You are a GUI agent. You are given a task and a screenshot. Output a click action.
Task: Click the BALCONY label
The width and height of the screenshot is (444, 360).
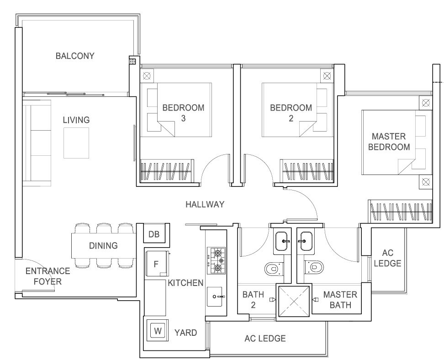[x=75, y=56]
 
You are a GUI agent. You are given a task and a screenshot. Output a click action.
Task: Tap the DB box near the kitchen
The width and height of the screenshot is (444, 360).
[x=154, y=234]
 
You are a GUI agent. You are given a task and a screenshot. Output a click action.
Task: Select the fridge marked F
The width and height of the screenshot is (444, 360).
[x=156, y=264]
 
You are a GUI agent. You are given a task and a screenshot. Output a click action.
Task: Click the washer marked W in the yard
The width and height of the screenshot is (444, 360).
[x=158, y=331]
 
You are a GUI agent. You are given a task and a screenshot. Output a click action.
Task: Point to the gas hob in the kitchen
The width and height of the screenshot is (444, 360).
[x=217, y=260]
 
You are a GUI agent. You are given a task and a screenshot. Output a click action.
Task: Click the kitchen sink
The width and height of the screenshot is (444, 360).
[x=217, y=296]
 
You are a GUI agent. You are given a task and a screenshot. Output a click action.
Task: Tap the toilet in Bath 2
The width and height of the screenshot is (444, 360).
[x=274, y=269]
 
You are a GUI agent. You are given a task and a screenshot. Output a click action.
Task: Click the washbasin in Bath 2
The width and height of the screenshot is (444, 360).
[x=282, y=241]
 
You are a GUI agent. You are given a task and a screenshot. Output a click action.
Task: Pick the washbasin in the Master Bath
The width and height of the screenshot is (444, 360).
[x=306, y=241]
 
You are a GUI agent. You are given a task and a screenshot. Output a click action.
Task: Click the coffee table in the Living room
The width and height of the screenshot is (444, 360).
[x=76, y=143]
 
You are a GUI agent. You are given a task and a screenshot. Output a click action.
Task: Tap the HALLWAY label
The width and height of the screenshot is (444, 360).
[x=205, y=204]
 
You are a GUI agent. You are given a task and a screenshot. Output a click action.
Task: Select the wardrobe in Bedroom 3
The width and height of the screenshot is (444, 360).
[x=167, y=171]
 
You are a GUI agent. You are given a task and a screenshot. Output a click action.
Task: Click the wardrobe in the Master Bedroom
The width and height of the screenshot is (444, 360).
[x=400, y=212]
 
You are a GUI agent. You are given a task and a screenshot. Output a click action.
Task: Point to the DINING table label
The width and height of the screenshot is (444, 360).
[x=103, y=246]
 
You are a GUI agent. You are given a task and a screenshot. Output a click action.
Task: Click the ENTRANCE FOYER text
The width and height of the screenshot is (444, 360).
[x=48, y=276]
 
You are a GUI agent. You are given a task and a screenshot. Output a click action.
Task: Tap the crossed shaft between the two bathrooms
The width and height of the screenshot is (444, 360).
[x=294, y=302]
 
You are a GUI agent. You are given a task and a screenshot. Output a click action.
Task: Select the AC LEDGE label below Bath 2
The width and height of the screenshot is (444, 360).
[x=265, y=338]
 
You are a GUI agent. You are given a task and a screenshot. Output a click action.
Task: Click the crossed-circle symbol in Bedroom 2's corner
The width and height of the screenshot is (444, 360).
[x=327, y=76]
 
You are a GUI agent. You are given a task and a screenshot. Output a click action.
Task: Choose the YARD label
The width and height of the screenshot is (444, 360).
[x=185, y=333]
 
